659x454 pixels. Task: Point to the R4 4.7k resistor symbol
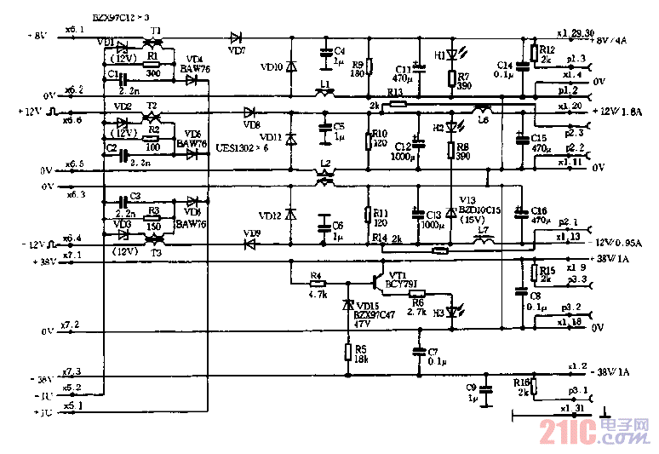click(317, 284)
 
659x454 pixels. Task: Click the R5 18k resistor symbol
click(347, 352)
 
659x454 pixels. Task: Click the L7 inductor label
click(483, 231)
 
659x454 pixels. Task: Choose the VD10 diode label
click(271, 66)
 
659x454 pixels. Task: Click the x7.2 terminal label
click(73, 325)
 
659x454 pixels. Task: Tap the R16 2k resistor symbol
click(534, 385)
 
